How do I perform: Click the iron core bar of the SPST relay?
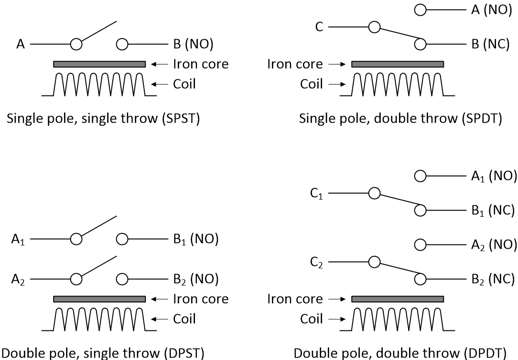tap(99, 64)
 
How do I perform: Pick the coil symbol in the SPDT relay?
tap(398, 85)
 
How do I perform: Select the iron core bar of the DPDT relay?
tap(398, 299)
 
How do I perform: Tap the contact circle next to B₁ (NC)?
tap(420, 210)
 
